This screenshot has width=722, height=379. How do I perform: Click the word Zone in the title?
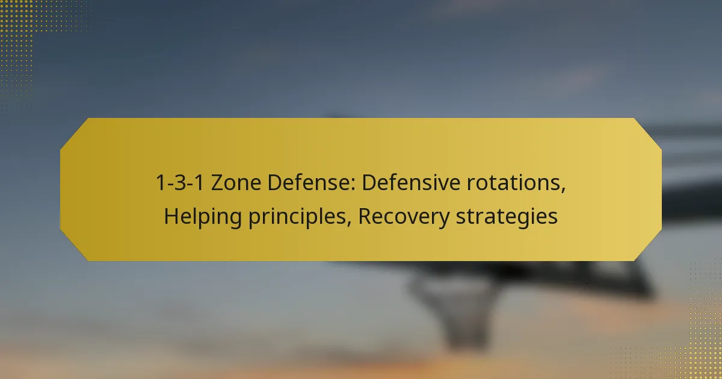236,183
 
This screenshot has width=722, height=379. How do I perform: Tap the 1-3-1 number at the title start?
180,183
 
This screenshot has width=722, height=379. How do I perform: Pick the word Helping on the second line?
203,217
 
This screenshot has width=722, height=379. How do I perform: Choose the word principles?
297,217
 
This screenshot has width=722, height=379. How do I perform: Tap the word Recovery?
404,217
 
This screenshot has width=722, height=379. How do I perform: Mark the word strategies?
507,217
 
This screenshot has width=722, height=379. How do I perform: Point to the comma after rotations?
563,190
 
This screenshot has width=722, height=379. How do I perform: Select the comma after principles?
349,224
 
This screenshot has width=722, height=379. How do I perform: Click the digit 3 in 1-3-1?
180,183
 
